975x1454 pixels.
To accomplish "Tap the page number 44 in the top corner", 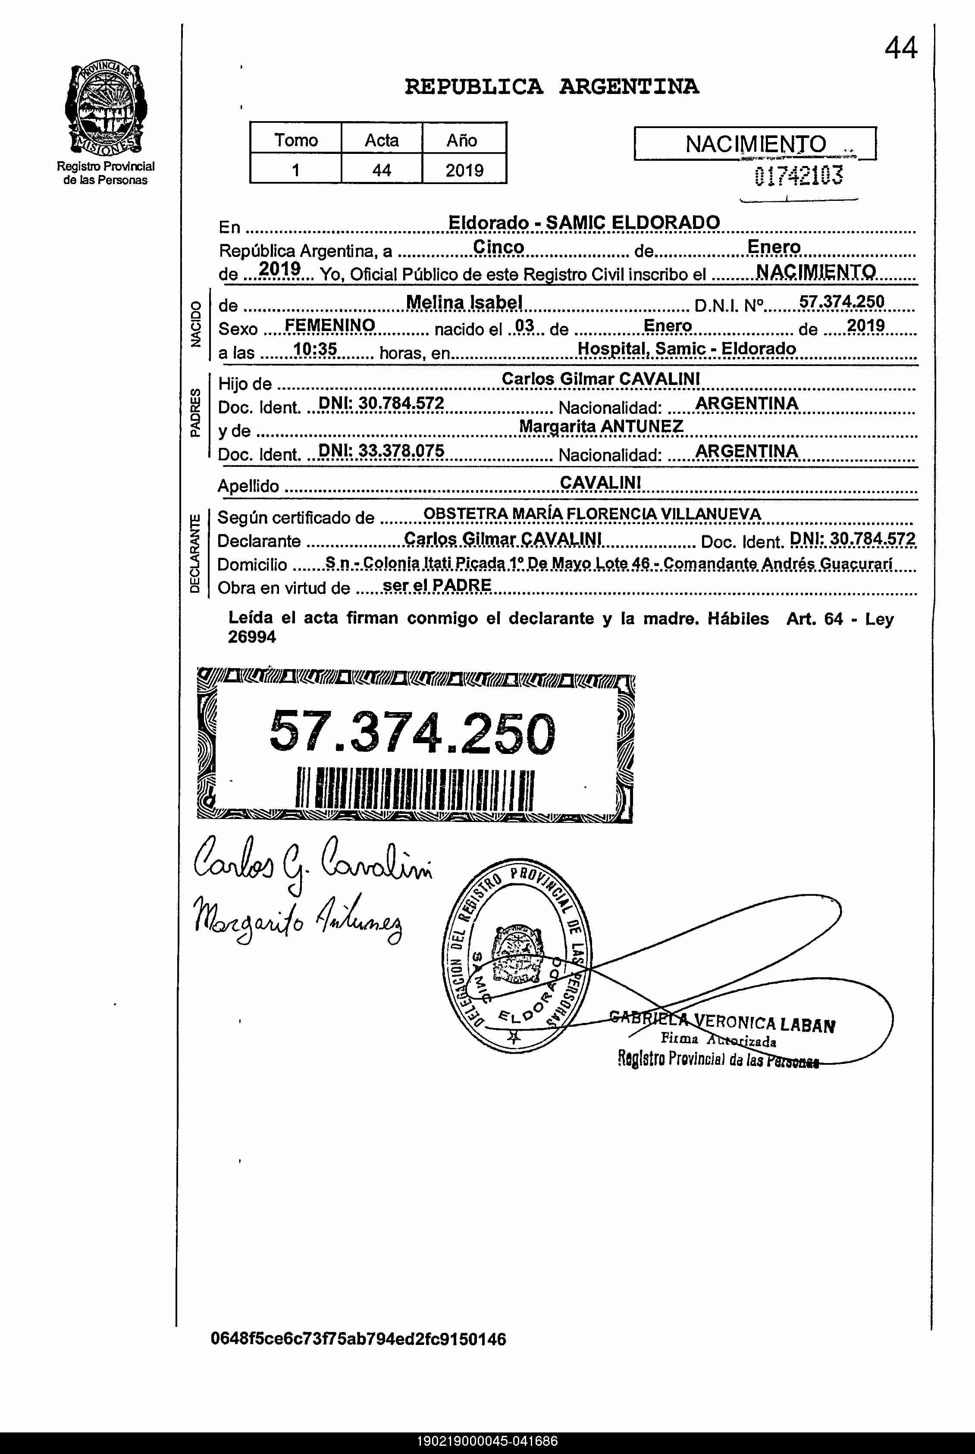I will click(900, 48).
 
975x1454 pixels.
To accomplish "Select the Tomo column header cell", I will click(295, 140).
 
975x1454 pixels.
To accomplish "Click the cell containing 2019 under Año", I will click(464, 170).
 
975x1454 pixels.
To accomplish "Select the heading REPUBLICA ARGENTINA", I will click(552, 86).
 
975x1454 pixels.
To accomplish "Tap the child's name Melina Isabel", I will click(464, 303).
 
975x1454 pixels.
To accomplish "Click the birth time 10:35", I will click(315, 350).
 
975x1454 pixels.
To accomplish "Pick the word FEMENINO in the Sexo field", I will click(329, 326).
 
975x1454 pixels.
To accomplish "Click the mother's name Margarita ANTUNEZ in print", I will click(601, 426).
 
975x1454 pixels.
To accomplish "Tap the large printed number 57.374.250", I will click(412, 732).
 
